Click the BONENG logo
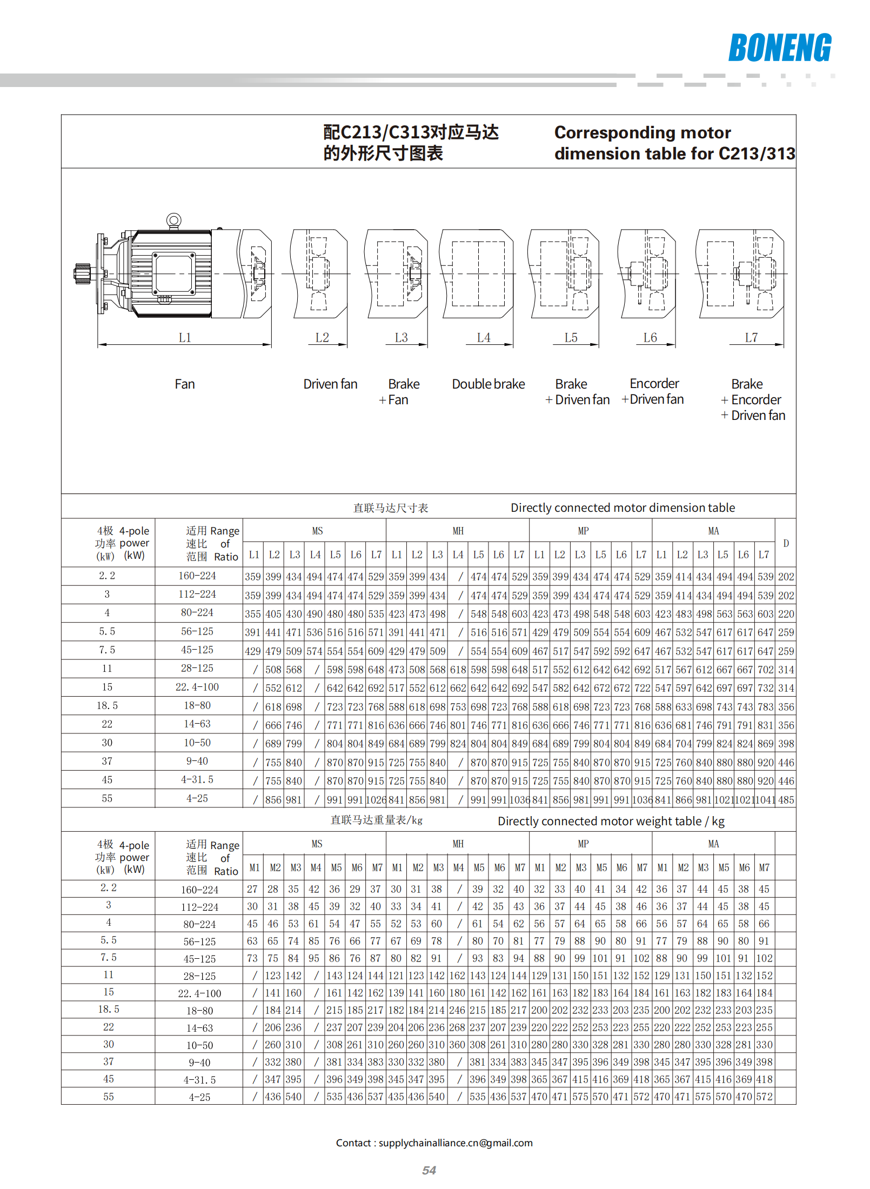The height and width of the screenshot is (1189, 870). point(779,48)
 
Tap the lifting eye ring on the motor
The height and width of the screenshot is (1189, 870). point(173,220)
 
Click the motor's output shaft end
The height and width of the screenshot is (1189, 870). point(82,273)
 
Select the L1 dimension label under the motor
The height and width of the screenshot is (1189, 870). point(185,338)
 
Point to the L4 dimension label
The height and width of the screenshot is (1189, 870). point(484,338)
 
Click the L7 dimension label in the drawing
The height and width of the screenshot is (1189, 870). point(751,338)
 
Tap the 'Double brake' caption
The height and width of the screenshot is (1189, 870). point(488,384)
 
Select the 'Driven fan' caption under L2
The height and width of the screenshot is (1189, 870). point(330,384)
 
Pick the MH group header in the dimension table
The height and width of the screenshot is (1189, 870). point(458,531)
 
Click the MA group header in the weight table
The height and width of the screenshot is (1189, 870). point(713,844)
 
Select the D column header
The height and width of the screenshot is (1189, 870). point(786,543)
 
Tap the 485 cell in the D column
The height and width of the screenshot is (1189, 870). point(786,800)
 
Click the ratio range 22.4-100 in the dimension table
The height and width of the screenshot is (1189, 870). point(197,687)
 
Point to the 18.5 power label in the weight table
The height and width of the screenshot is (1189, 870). point(108,1009)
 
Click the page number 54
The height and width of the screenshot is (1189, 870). point(429,1170)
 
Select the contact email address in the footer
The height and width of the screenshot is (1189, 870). point(455,1143)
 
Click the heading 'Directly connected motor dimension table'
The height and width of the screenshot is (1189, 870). point(623,507)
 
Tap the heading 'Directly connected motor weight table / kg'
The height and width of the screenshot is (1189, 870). point(611,821)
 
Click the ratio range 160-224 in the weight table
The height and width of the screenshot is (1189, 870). point(199,890)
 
